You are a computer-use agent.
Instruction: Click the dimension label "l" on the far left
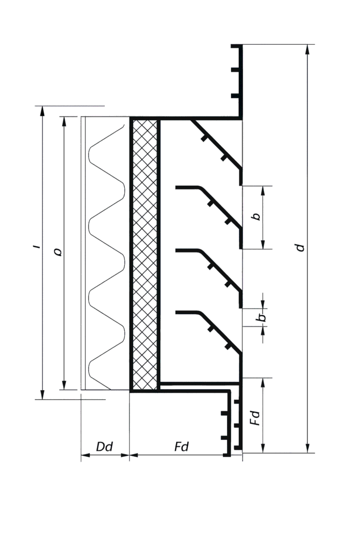coord(37,246)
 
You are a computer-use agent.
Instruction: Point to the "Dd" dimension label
coord(104,447)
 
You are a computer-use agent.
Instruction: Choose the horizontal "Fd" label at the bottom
coord(181,447)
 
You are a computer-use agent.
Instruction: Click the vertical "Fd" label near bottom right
coord(256,417)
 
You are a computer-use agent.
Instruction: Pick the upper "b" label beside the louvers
coord(256,216)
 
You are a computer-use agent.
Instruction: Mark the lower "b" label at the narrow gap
coord(262,317)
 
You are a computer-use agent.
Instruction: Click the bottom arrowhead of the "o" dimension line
coord(64,385)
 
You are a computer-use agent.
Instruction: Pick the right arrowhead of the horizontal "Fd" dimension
coord(228,455)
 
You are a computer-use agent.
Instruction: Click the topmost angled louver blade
coord(216,148)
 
